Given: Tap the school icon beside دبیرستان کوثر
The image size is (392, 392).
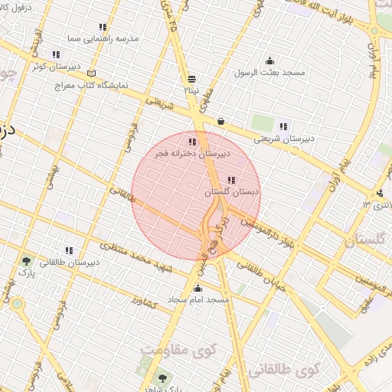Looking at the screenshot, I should tap(56, 54).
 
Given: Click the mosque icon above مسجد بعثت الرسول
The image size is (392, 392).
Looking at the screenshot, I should tap(269, 61).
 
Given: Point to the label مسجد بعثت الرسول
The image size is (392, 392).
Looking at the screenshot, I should tap(270, 72).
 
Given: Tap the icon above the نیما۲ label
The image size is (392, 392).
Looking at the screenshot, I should tap(191, 78).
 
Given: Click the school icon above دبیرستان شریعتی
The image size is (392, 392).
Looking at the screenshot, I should tap(283, 126).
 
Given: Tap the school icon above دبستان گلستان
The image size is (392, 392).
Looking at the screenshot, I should tap(231, 180).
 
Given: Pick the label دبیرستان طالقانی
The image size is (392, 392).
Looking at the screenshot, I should tap(70, 262).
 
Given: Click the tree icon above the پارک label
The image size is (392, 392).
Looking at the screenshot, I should tap(27, 261).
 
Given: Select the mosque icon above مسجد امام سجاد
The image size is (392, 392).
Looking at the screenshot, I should tap(198, 289).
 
